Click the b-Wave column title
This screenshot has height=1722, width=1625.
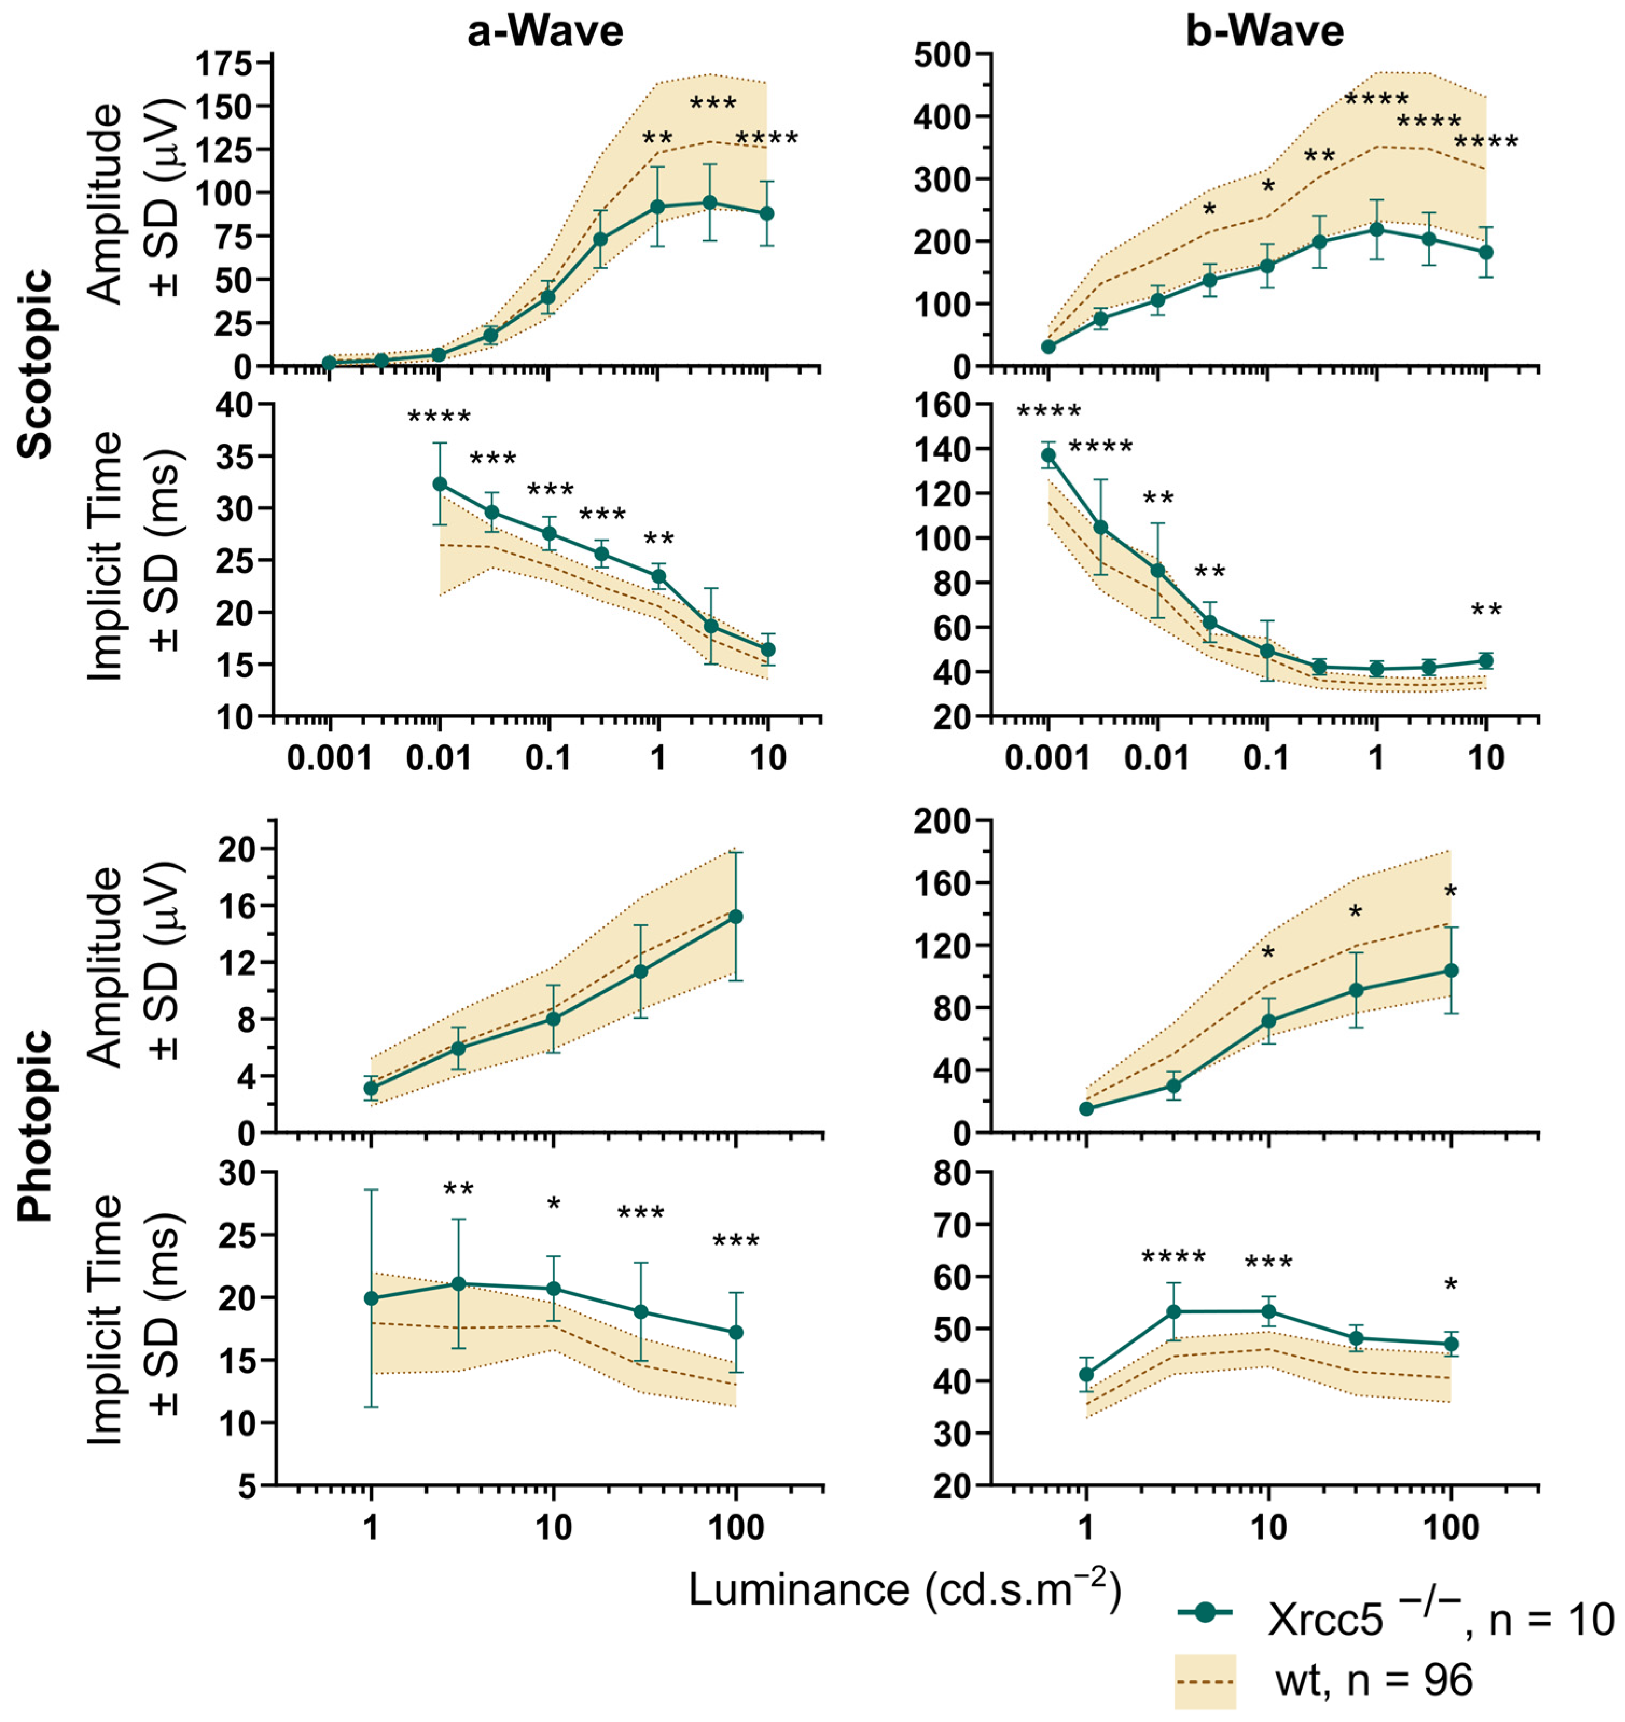point(1265,32)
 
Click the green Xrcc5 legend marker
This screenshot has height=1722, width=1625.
point(1206,1612)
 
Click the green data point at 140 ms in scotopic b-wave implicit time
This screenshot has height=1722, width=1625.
point(1048,455)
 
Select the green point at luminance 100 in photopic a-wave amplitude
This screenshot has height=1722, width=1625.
point(735,917)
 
